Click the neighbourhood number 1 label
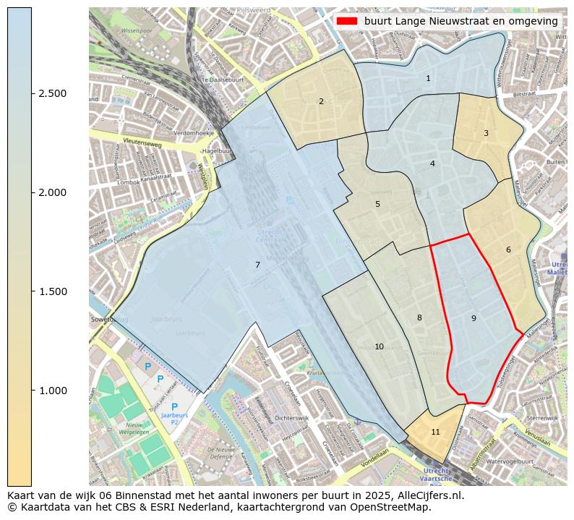tap(428, 78)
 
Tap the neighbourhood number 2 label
tap(321, 101)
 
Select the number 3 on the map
tap(486, 133)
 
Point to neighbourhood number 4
tap(432, 163)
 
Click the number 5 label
tap(377, 204)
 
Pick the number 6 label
tap(508, 250)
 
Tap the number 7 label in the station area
tap(257, 265)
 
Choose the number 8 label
tap(419, 317)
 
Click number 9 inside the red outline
tap(474, 318)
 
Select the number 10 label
tap(379, 347)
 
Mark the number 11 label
tap(435, 432)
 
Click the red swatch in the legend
tap(347, 22)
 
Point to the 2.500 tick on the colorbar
tap(53, 93)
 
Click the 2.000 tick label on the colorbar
tap(53, 192)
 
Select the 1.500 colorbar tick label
tap(53, 291)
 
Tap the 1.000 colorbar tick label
tap(53, 391)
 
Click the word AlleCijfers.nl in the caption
tap(429, 495)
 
